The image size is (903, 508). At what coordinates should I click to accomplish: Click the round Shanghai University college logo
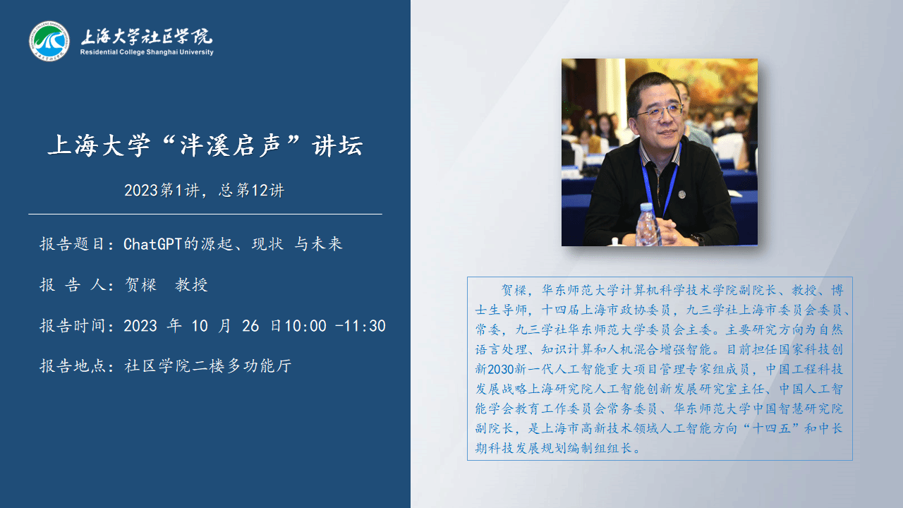point(49,41)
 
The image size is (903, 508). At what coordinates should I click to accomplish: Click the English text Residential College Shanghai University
point(147,52)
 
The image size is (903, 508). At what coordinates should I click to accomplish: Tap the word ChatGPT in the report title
point(153,244)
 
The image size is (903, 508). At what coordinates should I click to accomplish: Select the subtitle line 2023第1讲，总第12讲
point(205,190)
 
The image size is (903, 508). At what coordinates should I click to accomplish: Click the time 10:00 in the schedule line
point(305,326)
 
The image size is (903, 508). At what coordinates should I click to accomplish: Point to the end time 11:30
point(365,326)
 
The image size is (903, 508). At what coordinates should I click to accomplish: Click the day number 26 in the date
point(250,326)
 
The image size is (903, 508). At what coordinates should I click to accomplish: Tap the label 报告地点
point(73,366)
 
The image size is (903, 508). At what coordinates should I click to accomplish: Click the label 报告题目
point(73,244)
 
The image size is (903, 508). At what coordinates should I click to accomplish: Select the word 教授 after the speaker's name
point(191,285)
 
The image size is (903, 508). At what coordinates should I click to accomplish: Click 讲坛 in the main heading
point(338,145)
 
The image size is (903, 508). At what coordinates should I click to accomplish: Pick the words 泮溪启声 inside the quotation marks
point(230,145)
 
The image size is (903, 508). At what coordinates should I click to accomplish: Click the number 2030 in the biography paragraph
point(501,369)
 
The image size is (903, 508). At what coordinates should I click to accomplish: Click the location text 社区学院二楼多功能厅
point(208,366)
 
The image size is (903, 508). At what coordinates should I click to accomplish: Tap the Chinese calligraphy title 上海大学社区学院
point(147,36)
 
